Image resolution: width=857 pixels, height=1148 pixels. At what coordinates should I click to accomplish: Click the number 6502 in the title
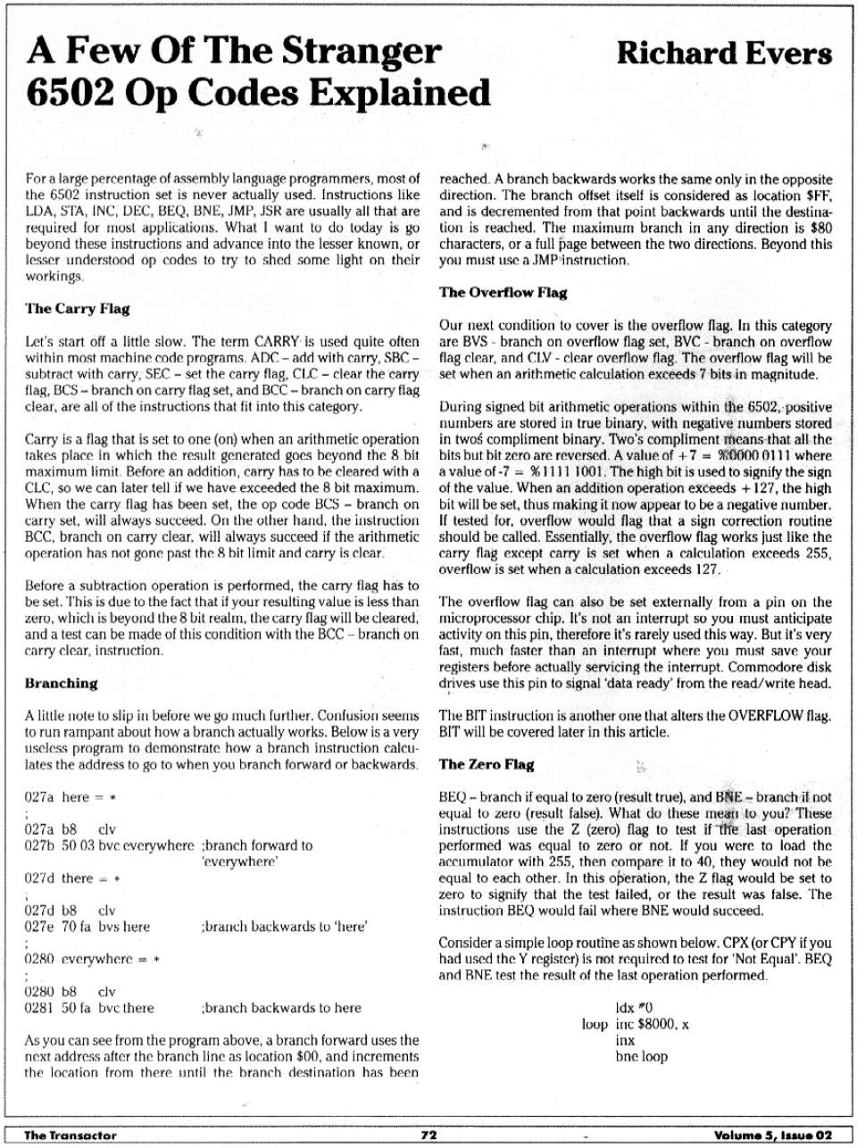(x=71, y=93)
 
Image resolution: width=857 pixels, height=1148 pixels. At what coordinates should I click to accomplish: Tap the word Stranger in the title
(x=362, y=51)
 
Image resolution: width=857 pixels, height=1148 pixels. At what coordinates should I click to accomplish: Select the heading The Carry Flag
(x=78, y=309)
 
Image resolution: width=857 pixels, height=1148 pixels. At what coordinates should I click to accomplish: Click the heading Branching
(x=62, y=684)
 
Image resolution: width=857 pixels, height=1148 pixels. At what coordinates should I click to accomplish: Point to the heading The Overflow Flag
(x=503, y=293)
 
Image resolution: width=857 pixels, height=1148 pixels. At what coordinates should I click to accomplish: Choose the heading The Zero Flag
(x=487, y=765)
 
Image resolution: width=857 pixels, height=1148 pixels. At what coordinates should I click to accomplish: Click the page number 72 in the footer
(x=428, y=1136)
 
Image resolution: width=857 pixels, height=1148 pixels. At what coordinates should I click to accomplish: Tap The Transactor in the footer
(x=71, y=1136)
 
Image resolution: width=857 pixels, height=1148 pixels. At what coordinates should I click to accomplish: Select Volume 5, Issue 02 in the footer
(x=773, y=1136)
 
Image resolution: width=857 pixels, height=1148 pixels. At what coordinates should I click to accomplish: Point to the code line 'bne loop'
(x=641, y=1057)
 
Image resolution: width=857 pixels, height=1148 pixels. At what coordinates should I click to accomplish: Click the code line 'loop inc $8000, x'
(x=635, y=1024)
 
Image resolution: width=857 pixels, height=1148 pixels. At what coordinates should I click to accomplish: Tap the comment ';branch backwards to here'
(x=281, y=1009)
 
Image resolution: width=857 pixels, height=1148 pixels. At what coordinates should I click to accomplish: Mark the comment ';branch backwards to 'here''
(x=286, y=928)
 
